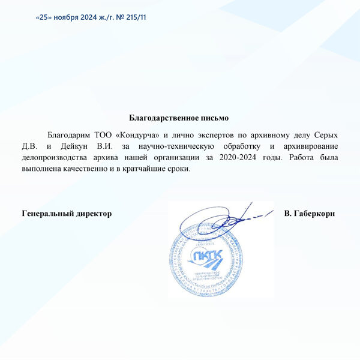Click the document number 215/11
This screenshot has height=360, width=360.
pos(135,17)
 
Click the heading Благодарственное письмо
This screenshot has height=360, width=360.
pos(179,118)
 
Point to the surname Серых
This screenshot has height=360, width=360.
pos(325,136)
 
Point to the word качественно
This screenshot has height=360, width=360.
pos(89,169)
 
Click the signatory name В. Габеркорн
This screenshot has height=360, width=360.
pos(309,214)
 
